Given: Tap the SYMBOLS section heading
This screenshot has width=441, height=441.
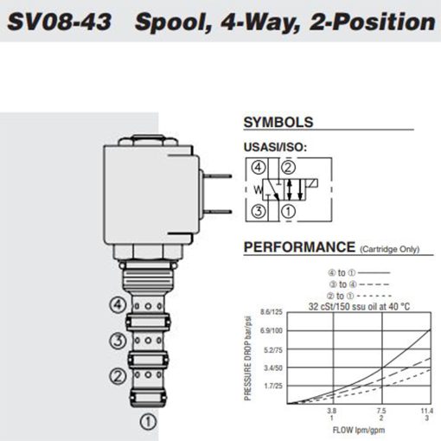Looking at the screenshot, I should [278, 123].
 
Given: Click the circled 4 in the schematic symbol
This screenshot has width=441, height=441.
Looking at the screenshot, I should [259, 169].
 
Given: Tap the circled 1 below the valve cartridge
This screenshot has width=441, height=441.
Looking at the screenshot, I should [148, 422].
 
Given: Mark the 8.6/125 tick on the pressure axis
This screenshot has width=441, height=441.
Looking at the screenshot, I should [272, 310].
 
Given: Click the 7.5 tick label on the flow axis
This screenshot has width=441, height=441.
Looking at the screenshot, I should [381, 411].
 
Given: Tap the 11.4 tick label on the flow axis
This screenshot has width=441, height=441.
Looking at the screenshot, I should [428, 411].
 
